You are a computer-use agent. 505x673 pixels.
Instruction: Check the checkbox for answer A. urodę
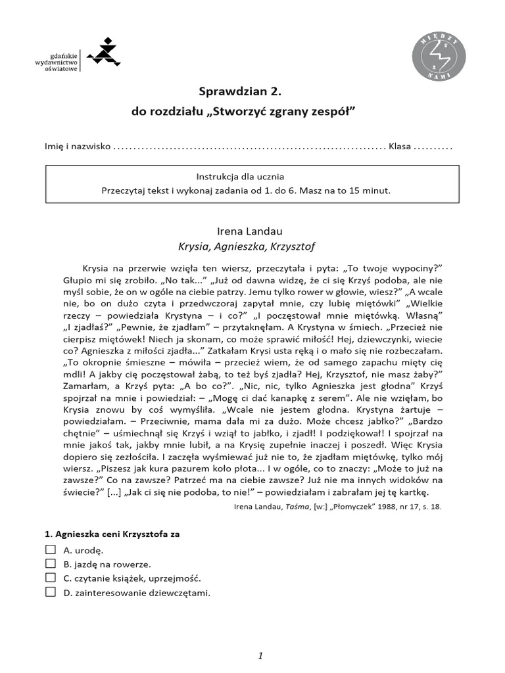click(x=51, y=549)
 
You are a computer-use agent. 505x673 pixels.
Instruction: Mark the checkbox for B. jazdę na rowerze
click(x=51, y=564)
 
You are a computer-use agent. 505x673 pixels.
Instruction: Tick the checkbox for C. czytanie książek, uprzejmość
click(x=51, y=578)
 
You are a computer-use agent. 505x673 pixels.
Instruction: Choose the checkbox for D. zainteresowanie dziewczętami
click(x=51, y=593)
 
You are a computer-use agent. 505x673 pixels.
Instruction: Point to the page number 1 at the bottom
click(x=260, y=638)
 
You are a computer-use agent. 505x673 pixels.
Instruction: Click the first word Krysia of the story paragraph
click(x=97, y=267)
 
